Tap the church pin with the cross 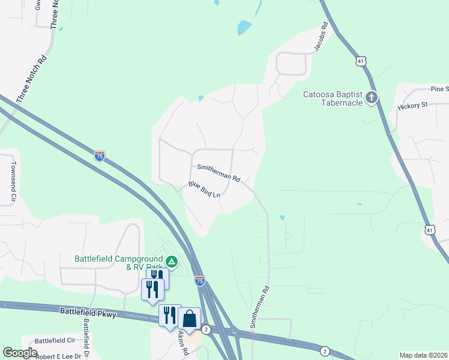pyautogui.click(x=372, y=97)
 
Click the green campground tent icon pyautogui.click(x=172, y=262)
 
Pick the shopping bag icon pyautogui.click(x=189, y=319)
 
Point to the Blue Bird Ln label pyautogui.click(x=204, y=190)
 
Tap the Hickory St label pyautogui.click(x=412, y=105)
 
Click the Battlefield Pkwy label pyautogui.click(x=88, y=312)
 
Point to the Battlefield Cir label pyautogui.click(x=55, y=340)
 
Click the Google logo pyautogui.click(x=20, y=353)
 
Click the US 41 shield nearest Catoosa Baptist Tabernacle pyautogui.click(x=360, y=61)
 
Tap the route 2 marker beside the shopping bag pyautogui.click(x=206, y=329)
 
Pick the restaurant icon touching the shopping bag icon pyautogui.click(x=169, y=315)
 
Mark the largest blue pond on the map pyautogui.click(x=244, y=28)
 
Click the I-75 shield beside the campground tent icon pyautogui.click(x=199, y=280)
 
